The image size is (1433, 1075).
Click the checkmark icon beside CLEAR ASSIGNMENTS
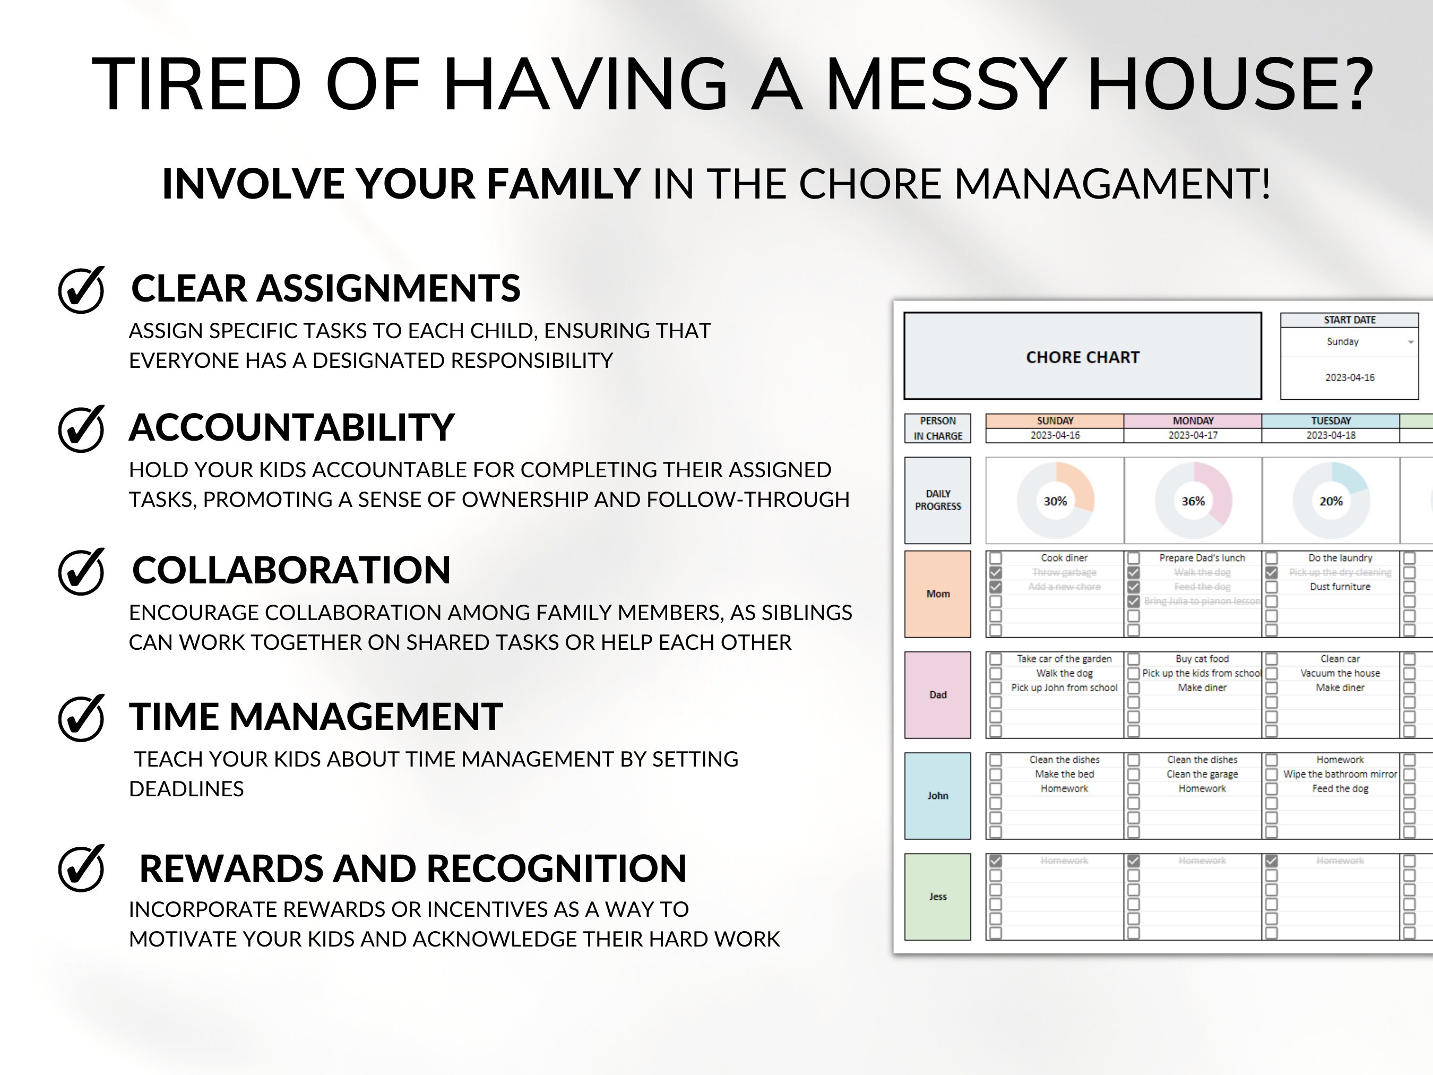pos(81,290)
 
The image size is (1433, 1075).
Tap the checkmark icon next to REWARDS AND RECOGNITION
pos(81,868)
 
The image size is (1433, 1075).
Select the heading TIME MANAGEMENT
pos(315,717)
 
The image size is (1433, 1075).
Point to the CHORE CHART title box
pos(1082,356)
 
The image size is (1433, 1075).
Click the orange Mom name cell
pos(937,594)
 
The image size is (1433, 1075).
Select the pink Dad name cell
pos(937,694)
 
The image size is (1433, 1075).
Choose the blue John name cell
pos(937,796)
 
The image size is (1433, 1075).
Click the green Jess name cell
pos(937,897)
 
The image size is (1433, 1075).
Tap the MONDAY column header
pos(1193,420)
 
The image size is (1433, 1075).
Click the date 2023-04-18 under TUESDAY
pos(1331,435)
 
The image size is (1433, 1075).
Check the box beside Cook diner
pos(996,558)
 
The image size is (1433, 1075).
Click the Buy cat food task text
pos(1202,659)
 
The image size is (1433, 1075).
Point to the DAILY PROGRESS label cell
pos(937,500)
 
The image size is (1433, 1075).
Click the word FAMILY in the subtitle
pos(563,184)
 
